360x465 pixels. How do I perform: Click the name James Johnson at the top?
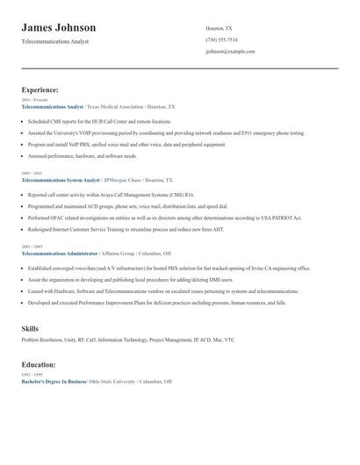pyautogui.click(x=59, y=28)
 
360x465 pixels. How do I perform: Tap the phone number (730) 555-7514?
pyautogui.click(x=221, y=39)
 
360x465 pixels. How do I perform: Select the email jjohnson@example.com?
pyautogui.click(x=230, y=51)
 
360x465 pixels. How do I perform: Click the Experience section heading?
pyautogui.click(x=40, y=89)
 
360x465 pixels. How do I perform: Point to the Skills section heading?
pyautogui.click(x=30, y=328)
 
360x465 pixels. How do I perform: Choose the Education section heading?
pyautogui.click(x=39, y=364)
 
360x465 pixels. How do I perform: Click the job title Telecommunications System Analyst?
pyautogui.click(x=61, y=179)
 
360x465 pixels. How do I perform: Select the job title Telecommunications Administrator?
pyautogui.click(x=60, y=253)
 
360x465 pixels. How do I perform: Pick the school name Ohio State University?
pyautogui.click(x=112, y=382)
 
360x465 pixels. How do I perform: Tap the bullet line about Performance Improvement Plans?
pyautogui.click(x=156, y=302)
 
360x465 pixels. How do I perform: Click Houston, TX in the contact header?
pyautogui.click(x=219, y=28)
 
